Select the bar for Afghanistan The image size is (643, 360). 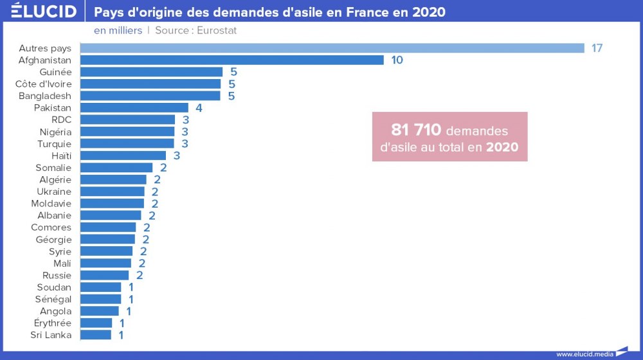tap(231, 60)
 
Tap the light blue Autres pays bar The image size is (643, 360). tap(332, 48)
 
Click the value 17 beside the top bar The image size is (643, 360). tap(597, 48)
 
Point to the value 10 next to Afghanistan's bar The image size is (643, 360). tap(397, 60)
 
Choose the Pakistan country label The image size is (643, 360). tap(53, 108)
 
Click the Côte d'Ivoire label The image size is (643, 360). tap(44, 84)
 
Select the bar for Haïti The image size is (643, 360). tap(123, 156)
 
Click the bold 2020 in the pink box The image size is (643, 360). tap(502, 147)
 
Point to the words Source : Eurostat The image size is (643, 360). tap(196, 30)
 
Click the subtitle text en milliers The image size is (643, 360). tap(118, 30)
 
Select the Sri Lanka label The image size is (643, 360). tap(51, 335)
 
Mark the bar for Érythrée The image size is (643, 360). tap(96, 323)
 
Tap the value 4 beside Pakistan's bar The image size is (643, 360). tap(199, 108)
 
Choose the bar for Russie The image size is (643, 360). tap(104, 275)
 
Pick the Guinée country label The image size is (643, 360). tap(55, 72)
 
